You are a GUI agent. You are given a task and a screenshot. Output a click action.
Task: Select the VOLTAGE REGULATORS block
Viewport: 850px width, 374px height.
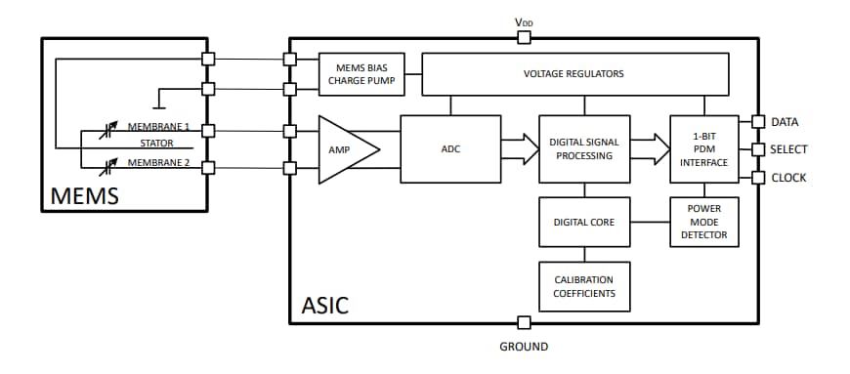coord(574,74)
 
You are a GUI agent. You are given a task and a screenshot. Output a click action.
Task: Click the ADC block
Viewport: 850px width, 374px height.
coord(450,149)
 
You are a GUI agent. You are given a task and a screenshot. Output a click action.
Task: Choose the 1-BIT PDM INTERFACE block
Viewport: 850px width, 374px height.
coord(703,148)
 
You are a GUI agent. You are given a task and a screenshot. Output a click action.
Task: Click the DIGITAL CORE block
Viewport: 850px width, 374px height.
coord(583,222)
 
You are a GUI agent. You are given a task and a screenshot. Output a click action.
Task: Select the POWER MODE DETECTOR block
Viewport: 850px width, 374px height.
coord(703,222)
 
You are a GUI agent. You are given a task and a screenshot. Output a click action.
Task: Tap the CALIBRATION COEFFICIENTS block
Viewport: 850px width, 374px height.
coord(583,287)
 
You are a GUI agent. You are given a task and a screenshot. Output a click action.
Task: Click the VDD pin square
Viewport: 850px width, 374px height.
coord(524,38)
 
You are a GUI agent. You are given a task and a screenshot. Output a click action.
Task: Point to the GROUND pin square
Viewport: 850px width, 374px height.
coord(524,323)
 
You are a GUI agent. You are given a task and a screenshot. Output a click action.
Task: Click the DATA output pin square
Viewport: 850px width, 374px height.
coord(757,122)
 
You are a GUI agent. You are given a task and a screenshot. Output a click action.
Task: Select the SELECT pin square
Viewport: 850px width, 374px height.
coord(757,149)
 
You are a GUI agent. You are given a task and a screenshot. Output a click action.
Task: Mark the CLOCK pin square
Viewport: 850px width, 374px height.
coord(757,178)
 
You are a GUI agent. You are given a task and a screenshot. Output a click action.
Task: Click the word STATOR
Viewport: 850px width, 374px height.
coord(154,145)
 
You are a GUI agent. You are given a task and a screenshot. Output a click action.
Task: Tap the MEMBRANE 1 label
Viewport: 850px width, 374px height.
coord(158,127)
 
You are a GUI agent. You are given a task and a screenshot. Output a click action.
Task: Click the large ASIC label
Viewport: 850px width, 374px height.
coord(321,306)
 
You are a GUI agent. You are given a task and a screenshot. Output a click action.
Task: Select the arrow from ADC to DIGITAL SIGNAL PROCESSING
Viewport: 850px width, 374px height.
coord(519,149)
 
